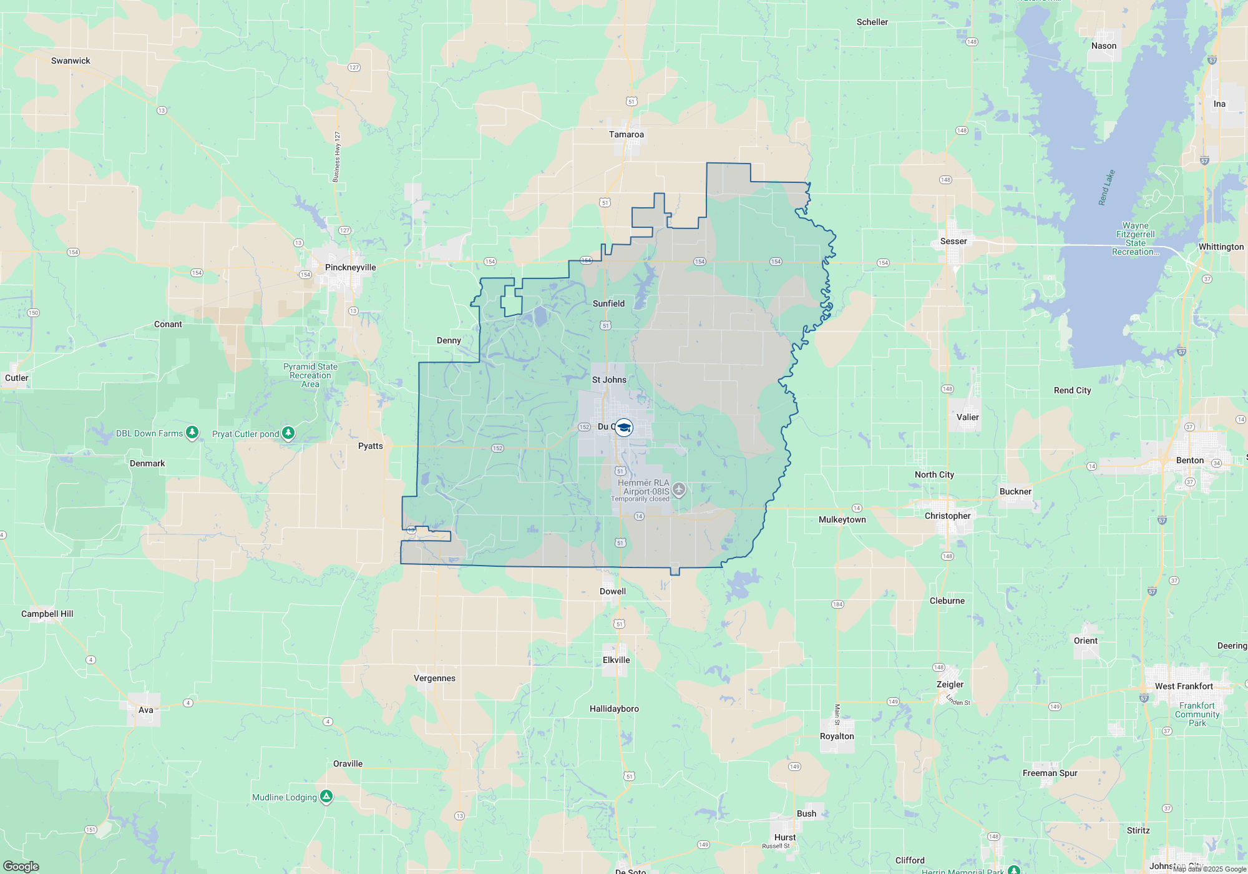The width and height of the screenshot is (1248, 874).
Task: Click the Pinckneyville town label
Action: pos(350,267)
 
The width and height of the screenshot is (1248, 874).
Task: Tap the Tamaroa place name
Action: pos(626,134)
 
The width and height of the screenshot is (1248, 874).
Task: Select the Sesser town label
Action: pos(953,241)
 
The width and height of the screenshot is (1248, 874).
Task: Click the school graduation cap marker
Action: pos(623,427)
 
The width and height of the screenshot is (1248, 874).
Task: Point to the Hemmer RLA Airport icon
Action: pos(679,489)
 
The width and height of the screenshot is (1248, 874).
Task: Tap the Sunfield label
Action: pos(608,303)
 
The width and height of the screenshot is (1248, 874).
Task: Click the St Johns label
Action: pos(609,380)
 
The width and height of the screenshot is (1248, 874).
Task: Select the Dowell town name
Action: pos(612,591)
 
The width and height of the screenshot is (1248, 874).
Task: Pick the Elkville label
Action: pos(616,660)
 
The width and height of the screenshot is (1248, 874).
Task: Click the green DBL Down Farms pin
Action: pos(192,432)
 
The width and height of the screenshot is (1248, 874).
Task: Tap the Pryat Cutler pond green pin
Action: pos(288,433)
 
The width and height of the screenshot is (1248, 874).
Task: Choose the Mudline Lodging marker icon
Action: pos(326,796)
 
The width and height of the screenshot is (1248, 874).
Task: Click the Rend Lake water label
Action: pos(1106,187)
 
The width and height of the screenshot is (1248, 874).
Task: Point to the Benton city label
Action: pos(1189,460)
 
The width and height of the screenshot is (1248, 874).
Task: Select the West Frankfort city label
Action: pos(1183,686)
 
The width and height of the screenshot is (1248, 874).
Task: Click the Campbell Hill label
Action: pos(47,614)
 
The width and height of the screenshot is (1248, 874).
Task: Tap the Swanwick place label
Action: pos(71,61)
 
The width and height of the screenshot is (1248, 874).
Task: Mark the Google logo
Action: pos(21,867)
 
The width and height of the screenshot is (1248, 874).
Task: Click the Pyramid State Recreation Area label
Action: pos(310,375)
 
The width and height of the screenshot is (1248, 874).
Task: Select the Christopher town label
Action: pos(947,516)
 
